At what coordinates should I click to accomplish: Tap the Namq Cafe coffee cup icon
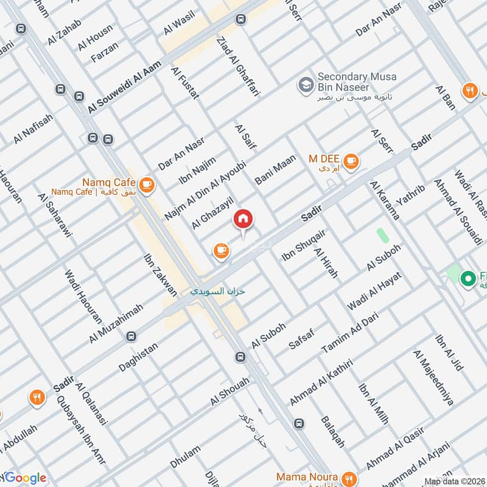click(x=146, y=184)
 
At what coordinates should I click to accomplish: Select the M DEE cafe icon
click(x=351, y=161)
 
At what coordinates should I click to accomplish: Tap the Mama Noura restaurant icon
click(x=348, y=477)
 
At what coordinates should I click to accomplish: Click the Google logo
click(x=24, y=478)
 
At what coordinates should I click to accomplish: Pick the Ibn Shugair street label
click(x=304, y=246)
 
